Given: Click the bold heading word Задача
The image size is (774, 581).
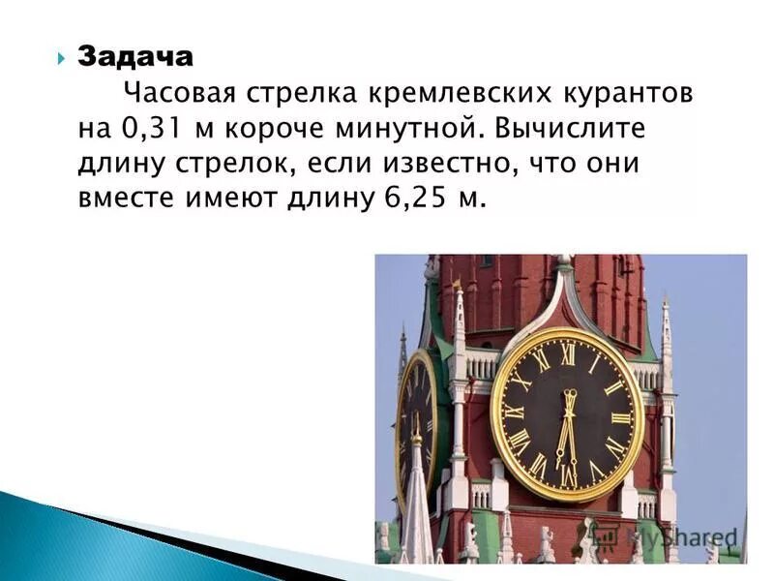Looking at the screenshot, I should tap(135, 57).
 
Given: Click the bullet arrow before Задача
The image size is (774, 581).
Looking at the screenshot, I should tap(60, 57).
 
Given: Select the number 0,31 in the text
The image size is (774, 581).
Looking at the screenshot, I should tap(150, 130).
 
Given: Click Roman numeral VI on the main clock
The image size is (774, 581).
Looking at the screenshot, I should tap(568, 474).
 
